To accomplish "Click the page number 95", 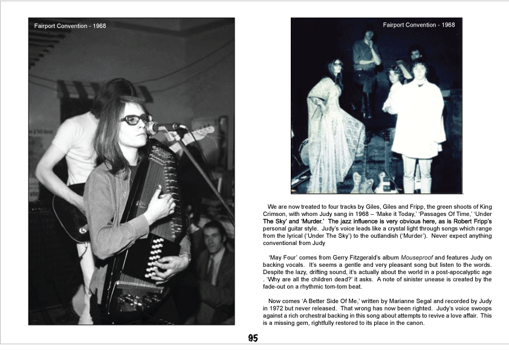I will pyautogui.click(x=253, y=338).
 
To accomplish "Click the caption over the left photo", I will pyautogui.click(x=70, y=26).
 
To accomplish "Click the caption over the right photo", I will pyautogui.click(x=419, y=25).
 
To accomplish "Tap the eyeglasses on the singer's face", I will pyautogui.click(x=135, y=119).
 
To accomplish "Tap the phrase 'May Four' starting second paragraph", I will pyautogui.click(x=284, y=258).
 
